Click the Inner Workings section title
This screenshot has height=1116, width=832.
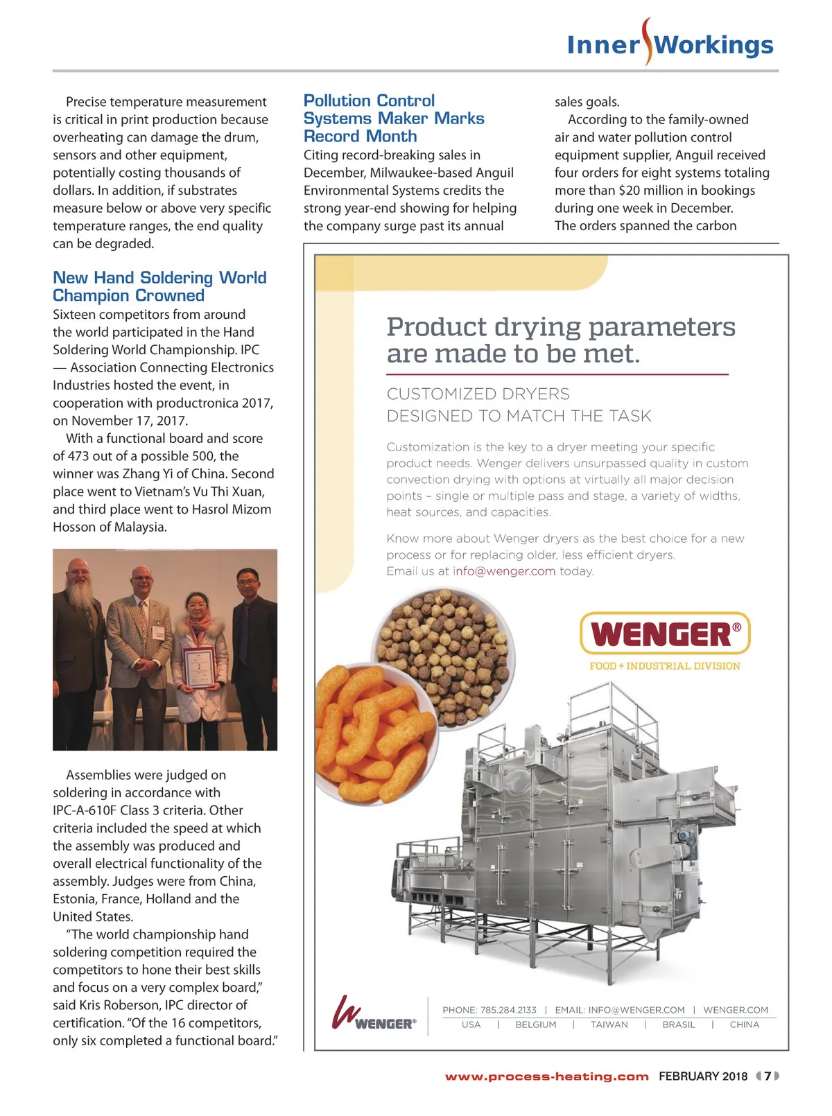pos(670,45)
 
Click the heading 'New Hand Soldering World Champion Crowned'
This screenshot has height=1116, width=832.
pos(159,287)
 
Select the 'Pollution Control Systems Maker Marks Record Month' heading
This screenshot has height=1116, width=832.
pos(394,119)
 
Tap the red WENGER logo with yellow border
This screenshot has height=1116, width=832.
pos(664,634)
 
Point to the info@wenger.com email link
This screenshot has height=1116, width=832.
pos(504,571)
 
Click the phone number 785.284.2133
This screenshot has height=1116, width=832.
pos(508,1010)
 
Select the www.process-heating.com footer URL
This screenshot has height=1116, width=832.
pos(546,1076)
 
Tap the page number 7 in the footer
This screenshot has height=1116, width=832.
pos(768,1076)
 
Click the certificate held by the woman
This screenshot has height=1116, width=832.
pos(199,667)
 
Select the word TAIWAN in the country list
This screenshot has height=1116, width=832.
pos(609,1025)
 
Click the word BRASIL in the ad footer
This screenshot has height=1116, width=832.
pos(678,1025)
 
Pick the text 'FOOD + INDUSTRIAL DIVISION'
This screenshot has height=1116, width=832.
pos(664,666)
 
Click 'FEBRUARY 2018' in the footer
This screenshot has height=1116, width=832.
pos(702,1076)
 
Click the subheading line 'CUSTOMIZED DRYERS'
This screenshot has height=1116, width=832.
pos(478,394)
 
